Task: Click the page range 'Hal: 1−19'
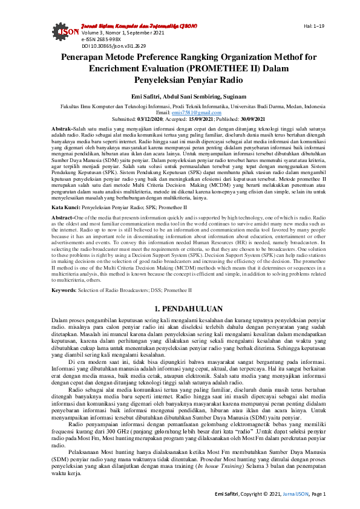(x=313, y=26)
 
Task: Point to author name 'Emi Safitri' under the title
(x=148, y=96)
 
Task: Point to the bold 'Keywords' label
(x=64, y=290)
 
